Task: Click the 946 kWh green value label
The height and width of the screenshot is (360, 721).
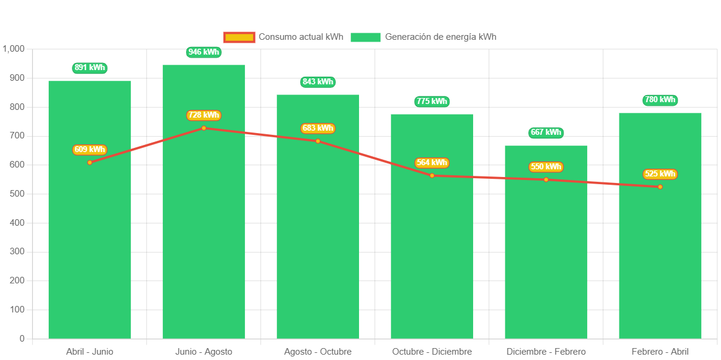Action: point(203,52)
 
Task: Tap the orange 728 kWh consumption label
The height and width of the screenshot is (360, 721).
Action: point(203,115)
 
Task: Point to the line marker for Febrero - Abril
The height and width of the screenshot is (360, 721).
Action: point(660,187)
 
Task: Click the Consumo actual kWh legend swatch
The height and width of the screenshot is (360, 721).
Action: point(239,37)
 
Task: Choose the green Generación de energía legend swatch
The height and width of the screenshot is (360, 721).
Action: point(365,37)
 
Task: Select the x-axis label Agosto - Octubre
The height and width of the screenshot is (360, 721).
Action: point(317,352)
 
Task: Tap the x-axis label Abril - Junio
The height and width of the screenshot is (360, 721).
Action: point(90,352)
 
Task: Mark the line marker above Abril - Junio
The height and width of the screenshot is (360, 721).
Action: point(90,162)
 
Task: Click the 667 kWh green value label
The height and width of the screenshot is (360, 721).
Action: point(546,132)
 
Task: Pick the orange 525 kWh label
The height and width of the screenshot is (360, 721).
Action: point(660,174)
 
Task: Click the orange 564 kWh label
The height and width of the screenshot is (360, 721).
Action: point(432,163)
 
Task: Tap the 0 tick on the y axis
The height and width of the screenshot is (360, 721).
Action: point(22,339)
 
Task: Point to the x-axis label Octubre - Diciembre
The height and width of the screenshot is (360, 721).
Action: point(432,352)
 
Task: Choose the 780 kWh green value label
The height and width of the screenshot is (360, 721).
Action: point(660,100)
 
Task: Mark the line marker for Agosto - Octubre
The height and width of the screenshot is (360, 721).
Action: point(317,141)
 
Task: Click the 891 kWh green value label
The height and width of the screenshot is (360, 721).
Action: point(90,68)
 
